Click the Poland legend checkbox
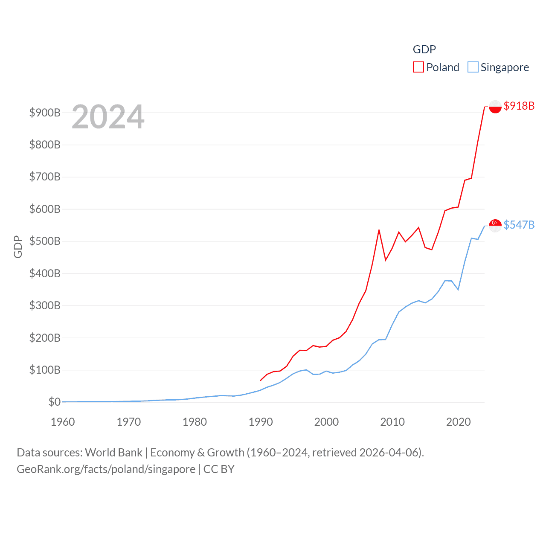418,67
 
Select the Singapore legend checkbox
473,67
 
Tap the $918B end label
519,106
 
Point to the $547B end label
519,225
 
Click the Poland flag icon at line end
495,107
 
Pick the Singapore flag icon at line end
495,225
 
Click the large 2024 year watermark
108,117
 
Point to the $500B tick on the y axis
45,241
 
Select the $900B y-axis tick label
45,113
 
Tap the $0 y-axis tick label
54,402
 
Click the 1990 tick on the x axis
261,422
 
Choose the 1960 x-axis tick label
63,422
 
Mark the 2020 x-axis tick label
459,422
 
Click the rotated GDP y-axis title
18,247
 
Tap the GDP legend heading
424,49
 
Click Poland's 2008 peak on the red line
379,230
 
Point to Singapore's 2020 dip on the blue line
458,290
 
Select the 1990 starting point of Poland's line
261,380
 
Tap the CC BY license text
219,469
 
